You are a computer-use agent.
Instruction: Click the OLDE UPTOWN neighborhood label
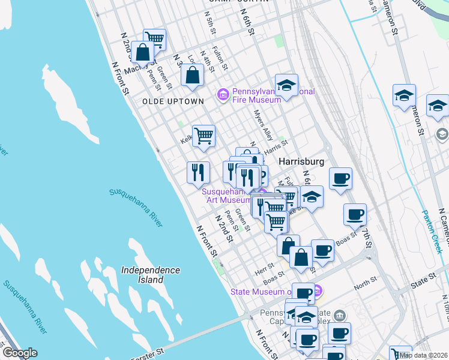pos(173,101)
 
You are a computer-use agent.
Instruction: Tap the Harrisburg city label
pos(301,162)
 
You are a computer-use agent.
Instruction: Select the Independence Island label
pos(150,275)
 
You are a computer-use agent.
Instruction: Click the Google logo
pos(19,353)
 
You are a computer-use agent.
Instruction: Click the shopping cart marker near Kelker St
pos(203,136)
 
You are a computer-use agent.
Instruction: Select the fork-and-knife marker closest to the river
pos(197,172)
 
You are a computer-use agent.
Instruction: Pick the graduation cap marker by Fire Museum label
pos(287,85)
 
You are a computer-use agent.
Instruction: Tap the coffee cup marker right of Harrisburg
pos(340,178)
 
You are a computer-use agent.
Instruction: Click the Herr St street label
pos(264,272)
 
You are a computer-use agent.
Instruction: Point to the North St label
pos(365,280)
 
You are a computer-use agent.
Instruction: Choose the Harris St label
pos(277,145)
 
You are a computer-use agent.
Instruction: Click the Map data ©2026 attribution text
pos(422,355)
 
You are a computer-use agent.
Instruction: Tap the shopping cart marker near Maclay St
pos(155,40)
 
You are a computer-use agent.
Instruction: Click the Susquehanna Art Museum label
pos(226,196)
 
